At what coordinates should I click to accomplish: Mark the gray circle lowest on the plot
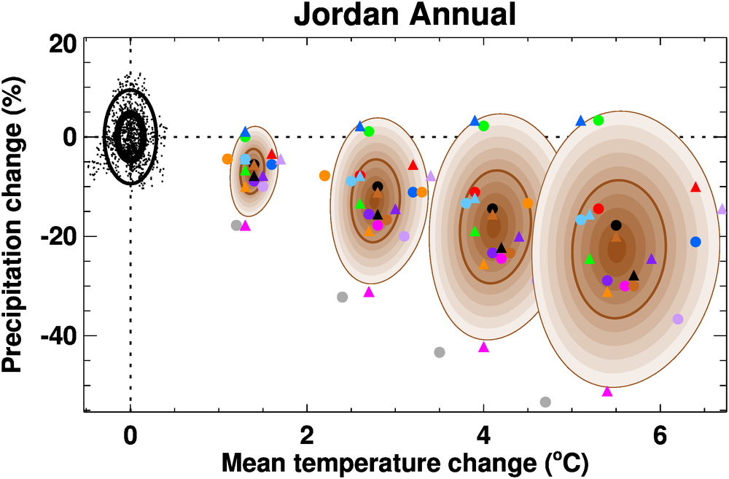point(545,402)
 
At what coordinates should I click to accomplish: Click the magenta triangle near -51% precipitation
point(607,392)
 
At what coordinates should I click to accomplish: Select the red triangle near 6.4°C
point(695,187)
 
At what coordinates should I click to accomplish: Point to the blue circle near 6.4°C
point(695,241)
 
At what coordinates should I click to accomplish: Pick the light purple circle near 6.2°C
point(678,319)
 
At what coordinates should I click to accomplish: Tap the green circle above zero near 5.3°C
point(599,120)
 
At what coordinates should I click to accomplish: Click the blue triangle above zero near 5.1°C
point(581,120)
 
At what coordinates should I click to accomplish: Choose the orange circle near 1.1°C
point(227,159)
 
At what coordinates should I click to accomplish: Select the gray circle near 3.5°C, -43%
point(440,352)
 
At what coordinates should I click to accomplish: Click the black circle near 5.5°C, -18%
point(616,225)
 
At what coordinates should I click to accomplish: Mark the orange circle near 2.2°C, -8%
point(324,175)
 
